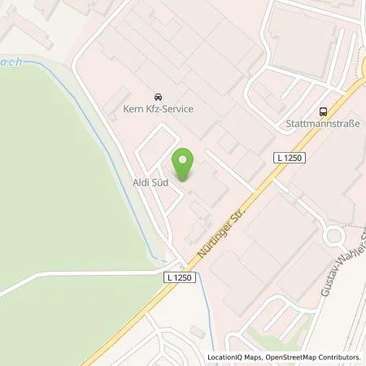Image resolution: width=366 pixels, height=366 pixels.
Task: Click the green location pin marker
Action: point(185,165)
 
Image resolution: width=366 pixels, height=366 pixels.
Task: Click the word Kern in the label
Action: point(132,109)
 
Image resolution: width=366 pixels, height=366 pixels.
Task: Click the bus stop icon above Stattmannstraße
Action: point(325,111)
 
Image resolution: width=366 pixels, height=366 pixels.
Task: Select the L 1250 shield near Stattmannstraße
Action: point(289,158)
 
